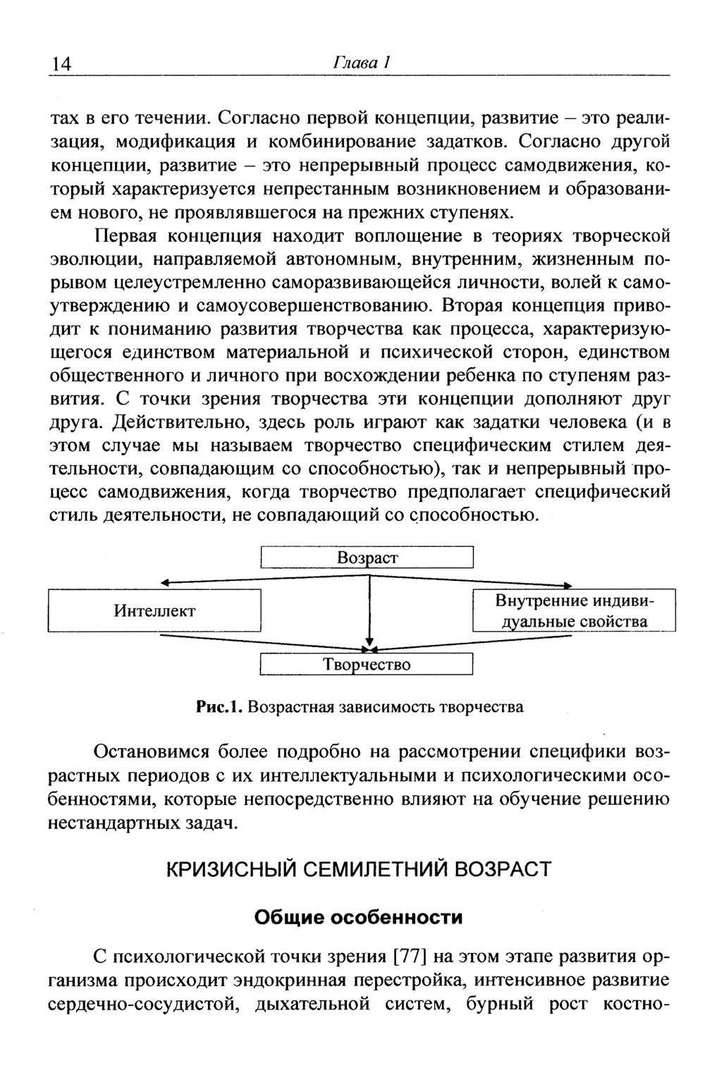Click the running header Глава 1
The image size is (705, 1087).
click(362, 63)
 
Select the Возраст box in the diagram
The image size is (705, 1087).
click(367, 558)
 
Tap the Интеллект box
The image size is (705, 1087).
click(154, 610)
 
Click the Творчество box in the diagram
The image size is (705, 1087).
click(367, 665)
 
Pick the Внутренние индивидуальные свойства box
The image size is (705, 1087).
click(574, 610)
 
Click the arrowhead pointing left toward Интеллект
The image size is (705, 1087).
click(166, 583)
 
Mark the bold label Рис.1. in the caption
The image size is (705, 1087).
click(221, 707)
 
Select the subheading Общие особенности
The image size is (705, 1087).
click(358, 918)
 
